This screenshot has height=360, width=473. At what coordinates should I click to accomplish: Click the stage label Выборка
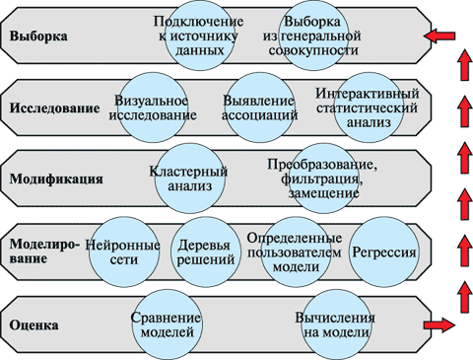click(x=38, y=37)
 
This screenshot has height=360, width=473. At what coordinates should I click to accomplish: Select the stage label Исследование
click(x=54, y=108)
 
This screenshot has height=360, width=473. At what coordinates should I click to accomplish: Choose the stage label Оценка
click(x=34, y=324)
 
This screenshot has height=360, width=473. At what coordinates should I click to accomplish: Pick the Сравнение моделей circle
click(x=166, y=324)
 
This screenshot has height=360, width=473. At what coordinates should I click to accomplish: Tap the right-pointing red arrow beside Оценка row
click(x=439, y=324)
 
